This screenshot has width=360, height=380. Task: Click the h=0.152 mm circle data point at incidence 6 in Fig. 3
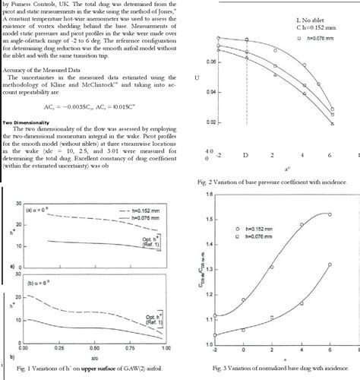pyautogui.click(x=329, y=214)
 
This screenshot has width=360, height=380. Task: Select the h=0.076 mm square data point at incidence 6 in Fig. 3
pyautogui.click(x=329, y=264)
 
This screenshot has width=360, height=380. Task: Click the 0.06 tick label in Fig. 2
pyautogui.click(x=211, y=61)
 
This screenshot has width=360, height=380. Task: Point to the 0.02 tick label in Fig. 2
pyautogui.click(x=211, y=121)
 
